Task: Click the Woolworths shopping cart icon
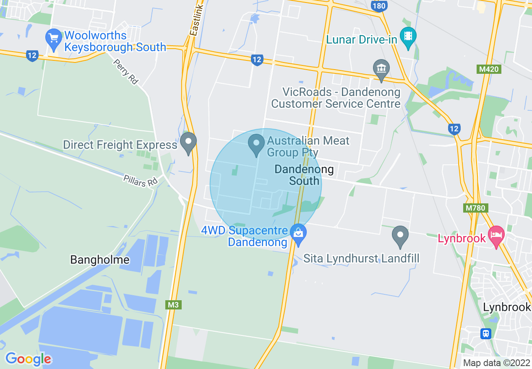54,37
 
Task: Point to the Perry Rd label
126,72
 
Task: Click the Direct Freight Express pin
188,143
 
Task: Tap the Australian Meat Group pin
256,144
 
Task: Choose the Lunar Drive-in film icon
408,36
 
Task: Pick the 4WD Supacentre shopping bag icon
298,235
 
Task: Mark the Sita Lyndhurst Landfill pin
400,236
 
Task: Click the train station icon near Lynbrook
486,334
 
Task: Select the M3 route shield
173,305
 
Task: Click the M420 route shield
489,69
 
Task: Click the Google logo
29,359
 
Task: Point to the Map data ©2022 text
496,363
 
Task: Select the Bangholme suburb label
100,260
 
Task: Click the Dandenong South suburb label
304,175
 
